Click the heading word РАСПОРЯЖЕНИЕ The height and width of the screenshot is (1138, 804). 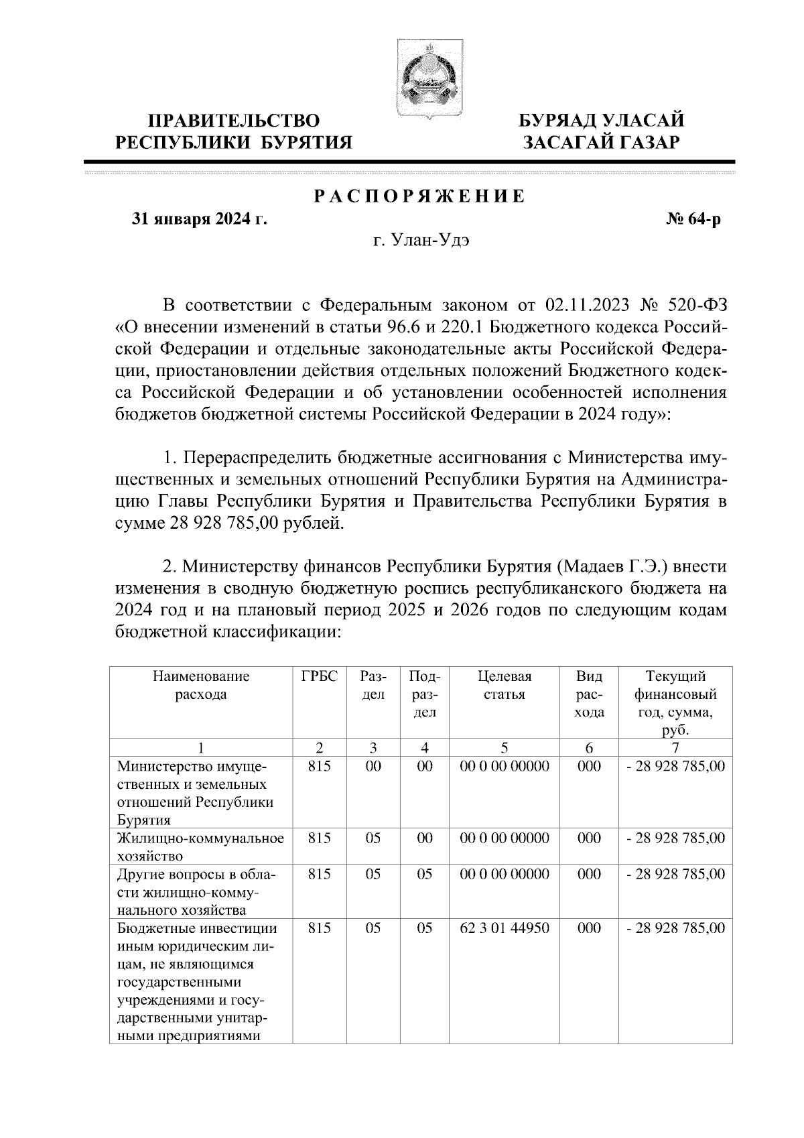pos(419,197)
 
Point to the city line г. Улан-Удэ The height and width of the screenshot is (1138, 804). pos(421,241)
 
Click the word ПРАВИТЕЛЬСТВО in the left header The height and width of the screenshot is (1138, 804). pos(234,121)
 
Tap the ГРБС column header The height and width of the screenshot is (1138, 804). pos(320,676)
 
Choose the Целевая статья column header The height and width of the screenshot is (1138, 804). pos(504,685)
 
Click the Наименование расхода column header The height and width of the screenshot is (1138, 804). pos(201,685)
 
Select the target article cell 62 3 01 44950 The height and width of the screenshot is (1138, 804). pos(504,928)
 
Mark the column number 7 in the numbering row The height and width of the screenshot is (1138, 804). pos(675,748)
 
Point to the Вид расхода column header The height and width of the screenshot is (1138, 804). pos(589,694)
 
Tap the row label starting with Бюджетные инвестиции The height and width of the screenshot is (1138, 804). pos(198,928)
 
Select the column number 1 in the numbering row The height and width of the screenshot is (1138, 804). pos(201,748)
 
